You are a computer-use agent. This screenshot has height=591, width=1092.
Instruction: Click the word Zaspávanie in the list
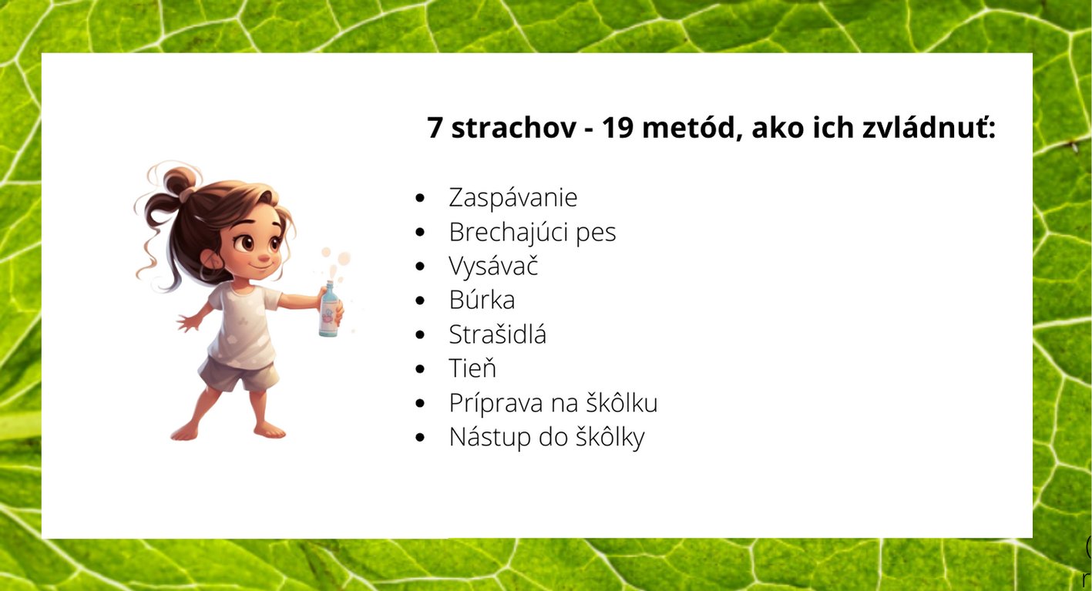coord(512,197)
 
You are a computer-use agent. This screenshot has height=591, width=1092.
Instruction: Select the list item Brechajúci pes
coord(533,232)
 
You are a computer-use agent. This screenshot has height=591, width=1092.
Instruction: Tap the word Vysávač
coord(493,267)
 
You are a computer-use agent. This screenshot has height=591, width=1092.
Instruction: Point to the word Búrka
coord(482,300)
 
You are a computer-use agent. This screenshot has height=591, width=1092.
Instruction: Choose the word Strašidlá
coord(497,334)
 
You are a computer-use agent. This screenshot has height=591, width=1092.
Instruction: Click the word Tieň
coord(472,368)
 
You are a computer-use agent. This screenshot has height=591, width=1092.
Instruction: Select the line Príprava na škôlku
coord(553,403)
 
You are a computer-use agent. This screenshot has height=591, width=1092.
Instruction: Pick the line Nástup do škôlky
coord(547,437)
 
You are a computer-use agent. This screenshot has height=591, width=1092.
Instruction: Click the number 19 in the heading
coord(618,128)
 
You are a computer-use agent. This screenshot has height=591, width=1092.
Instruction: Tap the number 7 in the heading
coord(435,128)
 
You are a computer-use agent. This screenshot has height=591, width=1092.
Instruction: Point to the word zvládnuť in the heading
coord(928,127)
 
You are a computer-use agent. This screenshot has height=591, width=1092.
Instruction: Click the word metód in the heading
coord(688,127)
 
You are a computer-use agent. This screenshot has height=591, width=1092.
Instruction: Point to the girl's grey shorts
coord(239,373)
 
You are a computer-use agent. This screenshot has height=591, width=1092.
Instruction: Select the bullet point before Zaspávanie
coord(420,198)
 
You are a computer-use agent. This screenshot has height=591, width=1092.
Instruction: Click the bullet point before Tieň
coord(420,368)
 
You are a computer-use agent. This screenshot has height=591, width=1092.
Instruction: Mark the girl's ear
coord(211,259)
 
